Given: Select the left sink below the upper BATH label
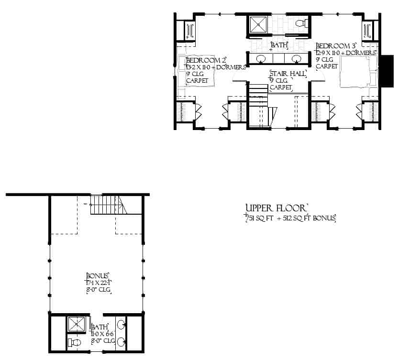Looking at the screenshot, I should click(261, 59).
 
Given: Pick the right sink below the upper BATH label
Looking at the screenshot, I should click(296, 59).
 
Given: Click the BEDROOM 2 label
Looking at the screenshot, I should click(206, 61).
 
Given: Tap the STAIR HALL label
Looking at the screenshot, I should click(287, 74).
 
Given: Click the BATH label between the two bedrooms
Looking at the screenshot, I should click(279, 45).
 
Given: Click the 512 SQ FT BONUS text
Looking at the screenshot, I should click(311, 219).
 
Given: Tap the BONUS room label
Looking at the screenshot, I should click(98, 276).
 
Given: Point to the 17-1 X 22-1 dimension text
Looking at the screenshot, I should click(99, 283).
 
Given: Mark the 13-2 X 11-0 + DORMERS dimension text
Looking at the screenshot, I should click(215, 68).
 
